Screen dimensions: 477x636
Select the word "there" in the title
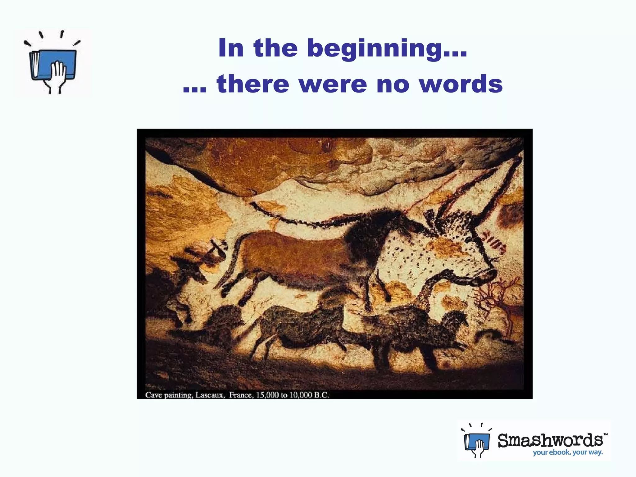(253, 84)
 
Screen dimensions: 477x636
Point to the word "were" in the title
(333, 84)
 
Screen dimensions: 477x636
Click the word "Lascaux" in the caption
(210, 395)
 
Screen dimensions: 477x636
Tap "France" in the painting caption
(241, 395)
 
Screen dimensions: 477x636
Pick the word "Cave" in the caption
(153, 395)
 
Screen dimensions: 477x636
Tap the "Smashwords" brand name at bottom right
(550, 440)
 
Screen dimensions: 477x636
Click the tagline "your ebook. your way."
(568, 452)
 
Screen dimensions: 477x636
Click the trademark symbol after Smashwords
(605, 434)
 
